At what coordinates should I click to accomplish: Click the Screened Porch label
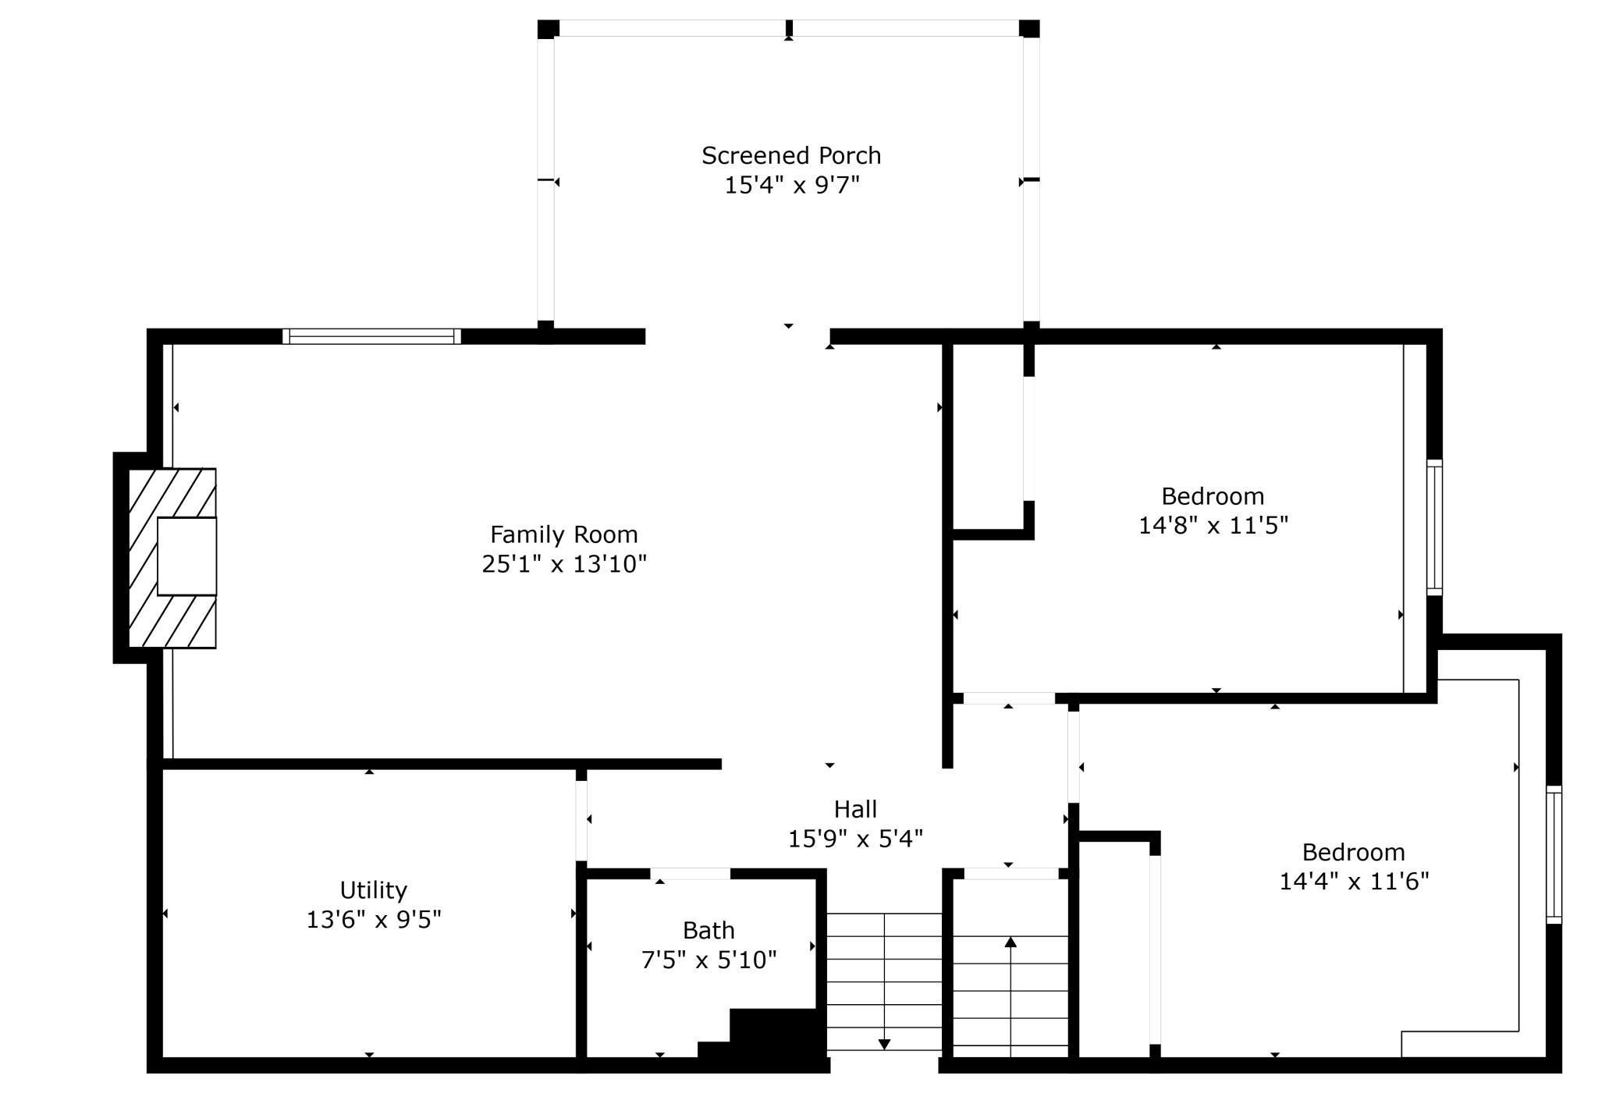coord(791,156)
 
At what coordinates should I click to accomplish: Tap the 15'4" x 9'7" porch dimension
coord(792,186)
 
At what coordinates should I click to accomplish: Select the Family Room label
coord(564,534)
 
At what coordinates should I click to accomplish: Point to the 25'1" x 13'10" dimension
coord(564,564)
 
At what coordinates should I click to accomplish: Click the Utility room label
coord(374,890)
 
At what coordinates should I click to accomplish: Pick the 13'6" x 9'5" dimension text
coord(374,920)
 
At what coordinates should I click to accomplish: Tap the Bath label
coord(709,930)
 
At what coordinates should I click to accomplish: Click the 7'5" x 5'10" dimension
coord(709,960)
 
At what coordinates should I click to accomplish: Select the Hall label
coord(855,809)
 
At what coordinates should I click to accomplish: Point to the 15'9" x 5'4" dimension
coord(855,839)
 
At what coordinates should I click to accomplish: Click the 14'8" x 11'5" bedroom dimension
coord(1213,526)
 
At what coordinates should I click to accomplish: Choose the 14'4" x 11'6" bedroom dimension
coord(1354,882)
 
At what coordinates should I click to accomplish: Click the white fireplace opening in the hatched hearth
coord(187,556)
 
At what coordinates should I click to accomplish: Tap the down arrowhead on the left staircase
coord(884,1045)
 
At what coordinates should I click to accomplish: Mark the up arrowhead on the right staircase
coord(1010,942)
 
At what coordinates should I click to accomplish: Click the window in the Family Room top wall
coord(371,336)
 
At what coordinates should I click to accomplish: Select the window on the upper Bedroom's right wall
coord(1435,527)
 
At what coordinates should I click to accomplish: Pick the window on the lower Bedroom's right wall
coord(1554,854)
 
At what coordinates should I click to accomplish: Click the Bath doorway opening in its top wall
coord(691,874)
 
